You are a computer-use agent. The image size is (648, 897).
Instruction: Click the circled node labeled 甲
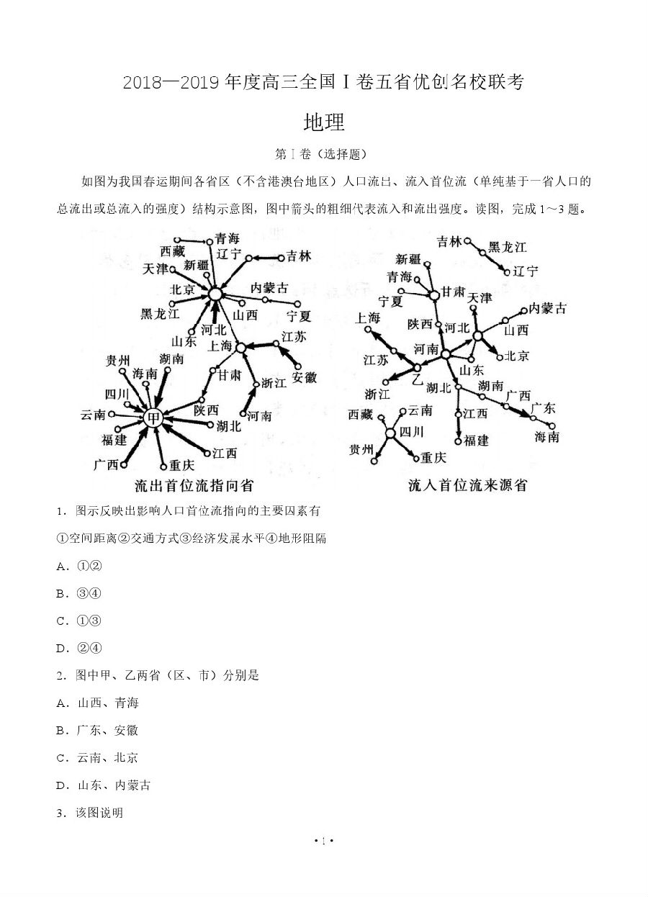point(153,418)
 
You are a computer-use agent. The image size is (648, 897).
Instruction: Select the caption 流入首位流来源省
point(467,485)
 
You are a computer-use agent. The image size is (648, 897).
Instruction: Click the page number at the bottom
point(324,840)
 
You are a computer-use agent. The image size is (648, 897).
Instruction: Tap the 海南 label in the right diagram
point(546,437)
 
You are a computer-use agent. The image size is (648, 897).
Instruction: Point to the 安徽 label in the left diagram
point(305,377)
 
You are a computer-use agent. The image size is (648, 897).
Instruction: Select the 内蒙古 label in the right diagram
point(547,308)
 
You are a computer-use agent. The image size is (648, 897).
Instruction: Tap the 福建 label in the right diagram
point(476,441)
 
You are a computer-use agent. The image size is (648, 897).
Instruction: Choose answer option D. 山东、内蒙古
point(104,785)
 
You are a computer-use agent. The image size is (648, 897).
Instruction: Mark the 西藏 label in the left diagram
point(173,251)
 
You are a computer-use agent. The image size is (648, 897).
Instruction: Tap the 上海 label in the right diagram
point(367,317)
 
